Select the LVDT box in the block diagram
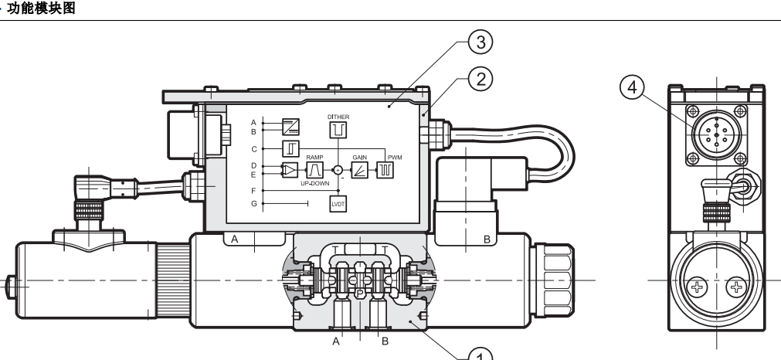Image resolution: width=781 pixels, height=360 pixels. point(338,204)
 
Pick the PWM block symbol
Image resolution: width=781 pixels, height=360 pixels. point(384,170)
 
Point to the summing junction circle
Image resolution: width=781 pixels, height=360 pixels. point(338,170)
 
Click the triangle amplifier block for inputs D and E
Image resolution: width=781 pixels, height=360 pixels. point(289,169)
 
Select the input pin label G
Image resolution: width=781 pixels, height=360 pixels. point(253,203)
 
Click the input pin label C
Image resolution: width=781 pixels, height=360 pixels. point(253,147)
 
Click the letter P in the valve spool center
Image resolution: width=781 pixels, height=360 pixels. point(360,294)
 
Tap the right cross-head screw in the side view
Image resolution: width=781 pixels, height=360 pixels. point(739,290)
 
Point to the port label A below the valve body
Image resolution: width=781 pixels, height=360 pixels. point(336,338)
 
